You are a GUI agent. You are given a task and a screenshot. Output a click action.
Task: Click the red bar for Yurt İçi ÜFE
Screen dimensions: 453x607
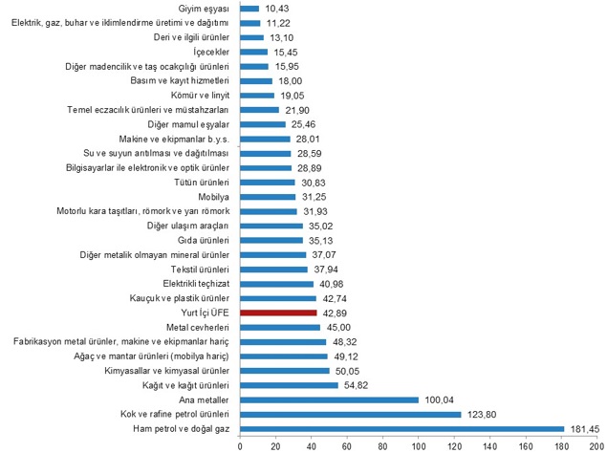[x=278, y=313]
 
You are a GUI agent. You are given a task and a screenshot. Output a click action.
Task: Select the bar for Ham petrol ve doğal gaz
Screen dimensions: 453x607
[x=401, y=429]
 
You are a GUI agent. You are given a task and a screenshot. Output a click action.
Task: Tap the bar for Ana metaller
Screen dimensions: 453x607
[x=329, y=399]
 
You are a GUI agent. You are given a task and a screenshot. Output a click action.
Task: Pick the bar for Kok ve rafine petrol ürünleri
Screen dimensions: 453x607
[x=350, y=415]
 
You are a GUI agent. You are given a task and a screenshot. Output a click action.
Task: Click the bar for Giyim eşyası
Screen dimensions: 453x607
[x=249, y=8]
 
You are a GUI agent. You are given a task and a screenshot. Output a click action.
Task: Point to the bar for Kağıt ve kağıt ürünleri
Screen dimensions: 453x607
[x=289, y=385]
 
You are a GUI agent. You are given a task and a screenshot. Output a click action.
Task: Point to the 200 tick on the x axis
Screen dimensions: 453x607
[x=596, y=445]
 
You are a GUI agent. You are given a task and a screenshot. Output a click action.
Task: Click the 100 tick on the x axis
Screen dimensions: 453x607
[x=418, y=445]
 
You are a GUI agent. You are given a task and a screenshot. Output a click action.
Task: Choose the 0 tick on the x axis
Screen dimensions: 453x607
[x=240, y=445]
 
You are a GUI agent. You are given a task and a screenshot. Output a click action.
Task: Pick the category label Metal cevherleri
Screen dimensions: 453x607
[x=196, y=327]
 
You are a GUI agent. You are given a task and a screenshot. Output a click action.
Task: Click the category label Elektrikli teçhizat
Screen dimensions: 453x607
[x=191, y=284]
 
